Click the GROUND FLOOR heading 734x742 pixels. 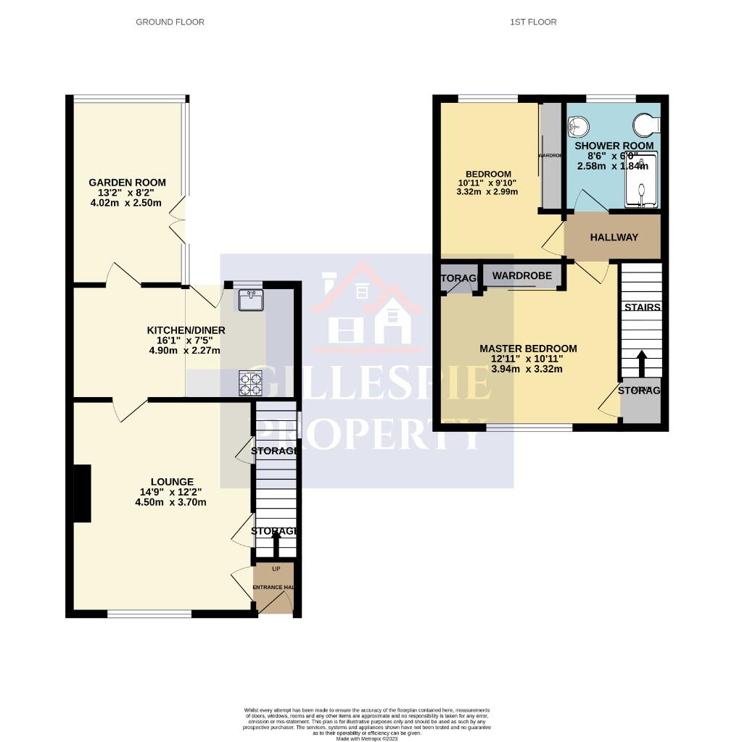coord(170,22)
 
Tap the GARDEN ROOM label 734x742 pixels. coord(127,183)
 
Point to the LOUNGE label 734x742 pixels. coord(172,482)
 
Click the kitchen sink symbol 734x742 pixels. coord(250,299)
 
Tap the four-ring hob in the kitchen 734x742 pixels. coord(250,383)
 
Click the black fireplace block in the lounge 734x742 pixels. coord(82,493)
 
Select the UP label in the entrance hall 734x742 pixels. coord(276,569)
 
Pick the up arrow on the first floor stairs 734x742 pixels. coord(641,363)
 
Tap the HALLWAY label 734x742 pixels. coord(614,238)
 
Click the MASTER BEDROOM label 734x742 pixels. coord(528,349)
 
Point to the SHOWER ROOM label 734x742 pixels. coord(614,146)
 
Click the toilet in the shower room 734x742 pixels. coord(645,125)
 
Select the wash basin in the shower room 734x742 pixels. coord(575,128)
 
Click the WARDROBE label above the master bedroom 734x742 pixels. coord(522,276)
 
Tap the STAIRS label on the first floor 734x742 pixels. coord(642,307)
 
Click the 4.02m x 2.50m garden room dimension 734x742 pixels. coord(127,203)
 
